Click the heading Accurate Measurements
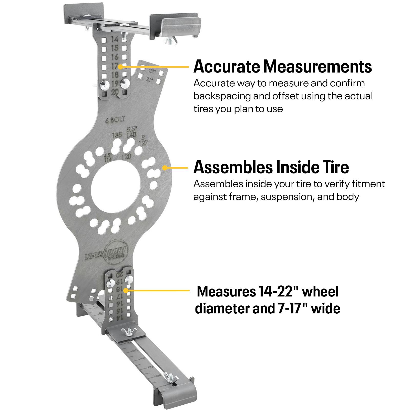pyautogui.click(x=282, y=67)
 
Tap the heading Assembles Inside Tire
pyautogui.click(x=271, y=167)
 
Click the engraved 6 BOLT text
pyautogui.click(x=115, y=119)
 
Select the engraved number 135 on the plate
pyautogui.click(x=117, y=135)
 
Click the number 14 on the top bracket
pyautogui.click(x=115, y=39)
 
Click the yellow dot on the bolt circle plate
pyautogui.click(x=165, y=168)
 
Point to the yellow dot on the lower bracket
pyautogui.click(x=126, y=290)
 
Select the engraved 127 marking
pyautogui.click(x=143, y=143)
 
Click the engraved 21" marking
pyautogui.click(x=149, y=79)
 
